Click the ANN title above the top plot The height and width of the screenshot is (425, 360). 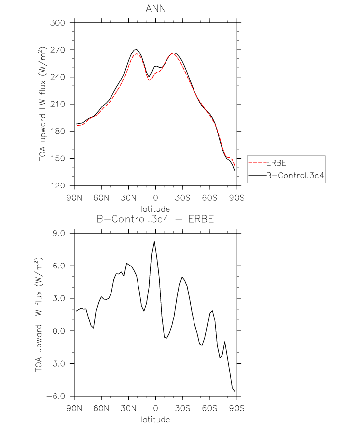156,9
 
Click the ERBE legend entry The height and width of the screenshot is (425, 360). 276,163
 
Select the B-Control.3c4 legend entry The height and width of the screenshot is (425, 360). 295,175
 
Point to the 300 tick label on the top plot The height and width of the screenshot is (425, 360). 57,23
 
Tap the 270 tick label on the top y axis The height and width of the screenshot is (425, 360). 57,50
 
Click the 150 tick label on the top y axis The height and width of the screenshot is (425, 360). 57,159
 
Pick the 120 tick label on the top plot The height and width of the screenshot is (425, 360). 57,186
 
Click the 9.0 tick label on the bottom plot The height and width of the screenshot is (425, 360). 59,234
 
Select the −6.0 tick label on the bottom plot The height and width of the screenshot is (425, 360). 56,396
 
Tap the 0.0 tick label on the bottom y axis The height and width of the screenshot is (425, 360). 59,331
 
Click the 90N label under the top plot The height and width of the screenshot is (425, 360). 74,198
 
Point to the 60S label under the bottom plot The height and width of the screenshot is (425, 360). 210,408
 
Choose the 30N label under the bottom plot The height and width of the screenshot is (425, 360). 128,408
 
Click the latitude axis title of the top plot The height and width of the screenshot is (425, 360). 155,209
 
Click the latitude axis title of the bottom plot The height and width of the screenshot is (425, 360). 155,419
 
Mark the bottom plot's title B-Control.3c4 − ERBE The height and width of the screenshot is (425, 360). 155,219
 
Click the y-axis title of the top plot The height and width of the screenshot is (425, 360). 42,104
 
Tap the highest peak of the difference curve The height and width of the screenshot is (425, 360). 154,241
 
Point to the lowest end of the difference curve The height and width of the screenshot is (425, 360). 235,391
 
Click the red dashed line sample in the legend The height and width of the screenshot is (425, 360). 257,163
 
